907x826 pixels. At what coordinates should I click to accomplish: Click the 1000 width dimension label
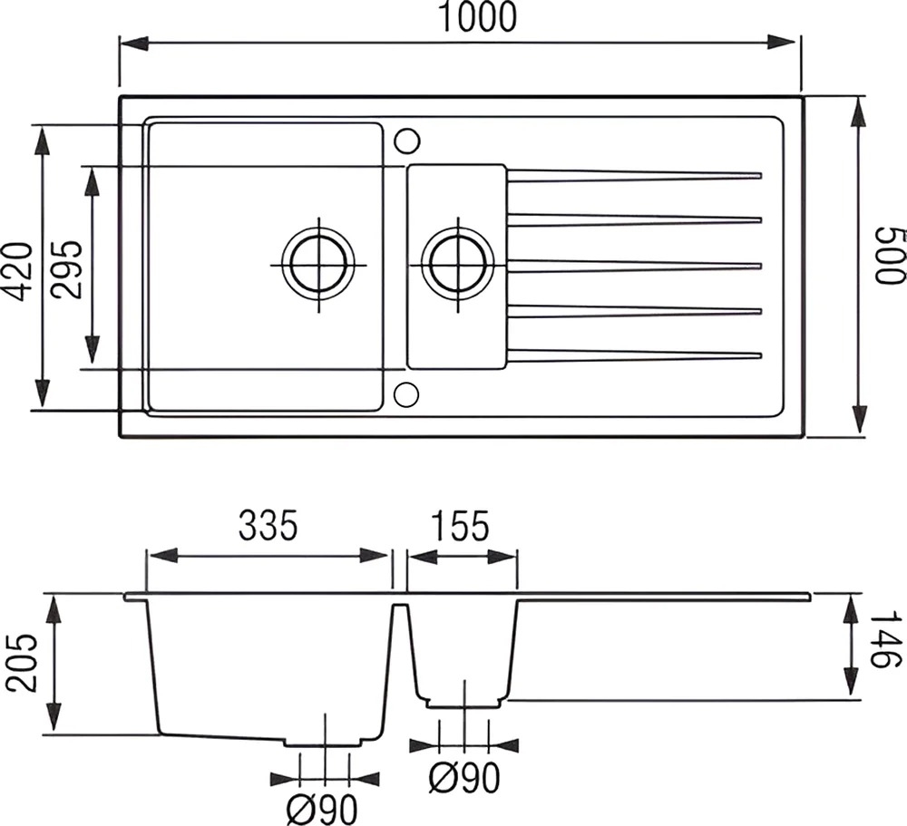[477, 17]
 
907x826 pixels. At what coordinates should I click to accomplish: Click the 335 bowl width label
[268, 526]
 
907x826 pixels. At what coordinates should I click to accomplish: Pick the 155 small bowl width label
[460, 526]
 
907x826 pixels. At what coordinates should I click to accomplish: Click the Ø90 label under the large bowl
[323, 809]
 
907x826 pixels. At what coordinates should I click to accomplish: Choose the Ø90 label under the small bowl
[464, 778]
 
